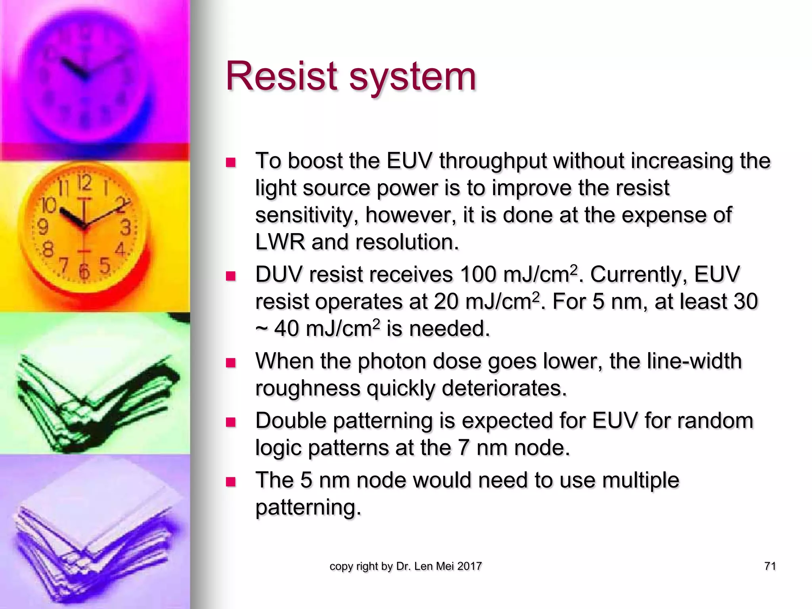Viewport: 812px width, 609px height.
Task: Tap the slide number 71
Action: (x=770, y=566)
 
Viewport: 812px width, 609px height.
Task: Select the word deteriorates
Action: (x=504, y=388)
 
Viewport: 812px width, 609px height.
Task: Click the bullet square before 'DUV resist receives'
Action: (x=230, y=276)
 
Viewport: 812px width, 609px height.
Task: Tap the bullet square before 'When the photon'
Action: (x=230, y=363)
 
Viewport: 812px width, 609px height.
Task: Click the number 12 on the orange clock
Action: (x=84, y=183)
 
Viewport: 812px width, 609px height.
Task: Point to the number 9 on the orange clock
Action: (x=42, y=227)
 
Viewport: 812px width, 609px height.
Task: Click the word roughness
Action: (x=308, y=388)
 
